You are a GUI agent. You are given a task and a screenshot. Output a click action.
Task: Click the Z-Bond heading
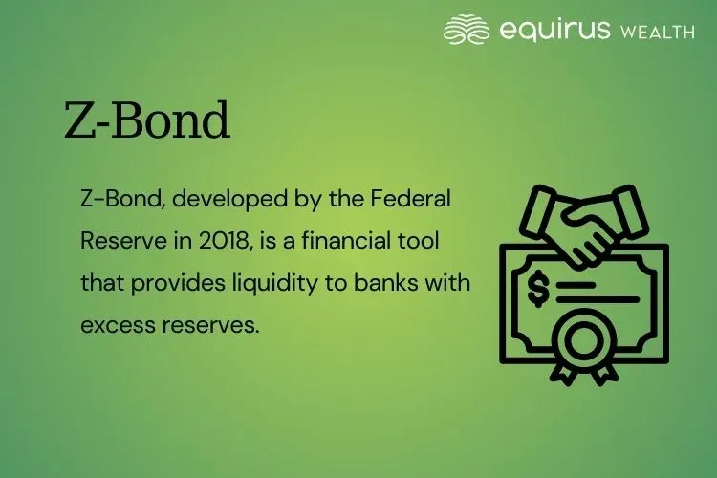click(147, 122)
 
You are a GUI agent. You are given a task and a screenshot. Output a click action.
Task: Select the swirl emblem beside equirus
click(467, 30)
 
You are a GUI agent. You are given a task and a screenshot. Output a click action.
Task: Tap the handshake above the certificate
click(583, 225)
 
